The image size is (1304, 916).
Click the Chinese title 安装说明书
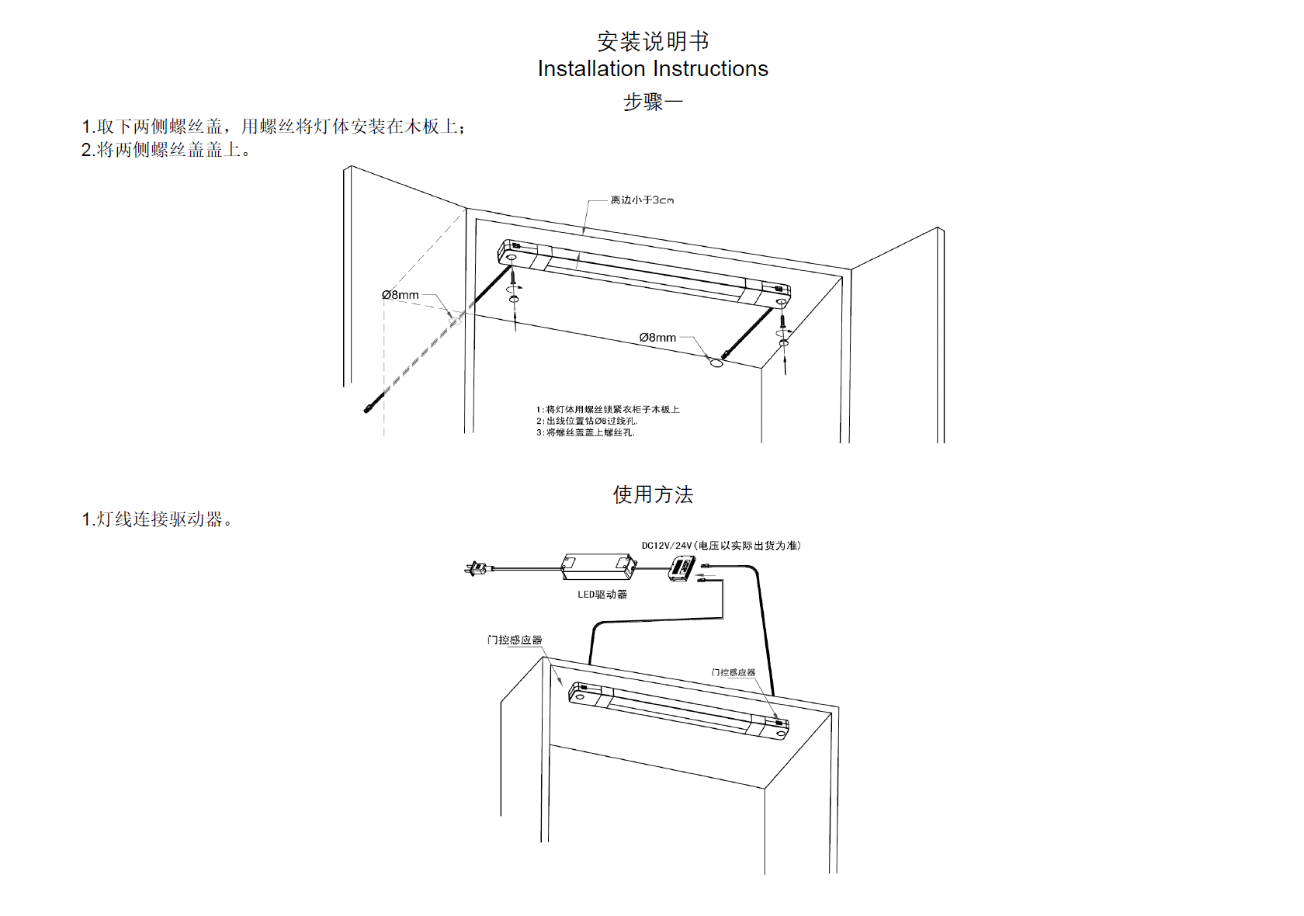pos(652,41)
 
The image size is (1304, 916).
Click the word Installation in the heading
pos(591,69)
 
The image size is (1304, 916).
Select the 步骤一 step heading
pos(652,102)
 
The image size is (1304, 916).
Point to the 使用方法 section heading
pos(652,494)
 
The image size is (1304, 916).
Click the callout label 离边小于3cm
pos(642,200)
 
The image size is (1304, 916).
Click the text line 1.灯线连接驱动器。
pos(157,519)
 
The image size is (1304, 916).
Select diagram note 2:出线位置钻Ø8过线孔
pos(587,421)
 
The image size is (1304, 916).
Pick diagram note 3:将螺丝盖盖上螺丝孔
pos(585,432)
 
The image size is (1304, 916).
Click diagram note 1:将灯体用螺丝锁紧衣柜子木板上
pos(608,409)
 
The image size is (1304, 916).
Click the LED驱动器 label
pos(602,595)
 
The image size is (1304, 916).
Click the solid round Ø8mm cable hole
pos(716,363)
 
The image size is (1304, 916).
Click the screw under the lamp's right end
pos(783,319)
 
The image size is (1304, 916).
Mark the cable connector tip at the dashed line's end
pos(368,408)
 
